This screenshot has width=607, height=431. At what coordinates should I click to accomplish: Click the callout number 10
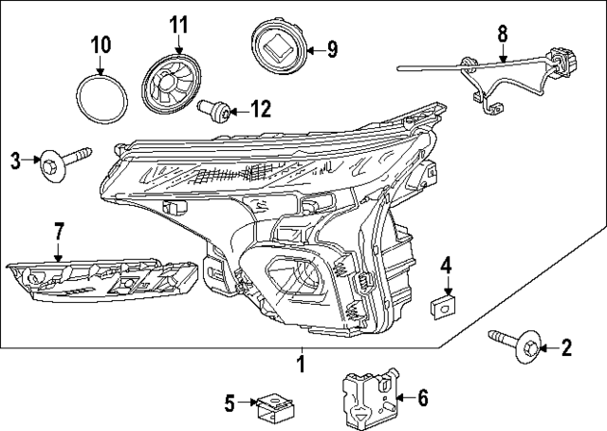pos(101,44)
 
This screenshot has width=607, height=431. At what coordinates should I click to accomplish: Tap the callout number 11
pos(180,23)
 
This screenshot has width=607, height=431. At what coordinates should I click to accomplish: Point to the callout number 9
pos(332,48)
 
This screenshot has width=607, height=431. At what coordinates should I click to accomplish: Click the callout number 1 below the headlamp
pos(302,363)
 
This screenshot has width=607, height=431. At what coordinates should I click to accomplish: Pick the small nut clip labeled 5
pos(274,407)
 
